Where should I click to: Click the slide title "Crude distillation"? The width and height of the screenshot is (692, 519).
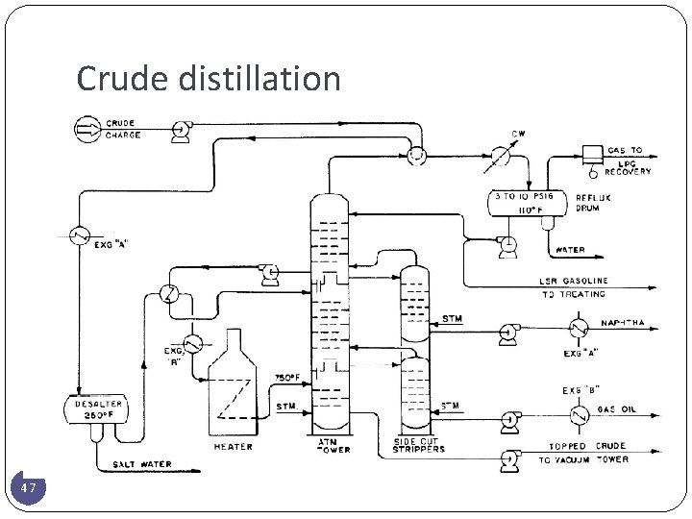click(x=209, y=79)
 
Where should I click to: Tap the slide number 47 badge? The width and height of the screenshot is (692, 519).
click(x=30, y=489)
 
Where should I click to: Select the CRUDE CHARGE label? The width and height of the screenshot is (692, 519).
click(x=122, y=130)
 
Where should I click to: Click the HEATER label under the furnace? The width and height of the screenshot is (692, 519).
click(x=234, y=446)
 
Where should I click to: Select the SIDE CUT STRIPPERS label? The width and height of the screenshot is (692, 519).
click(x=419, y=446)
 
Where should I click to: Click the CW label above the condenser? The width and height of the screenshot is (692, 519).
click(x=517, y=133)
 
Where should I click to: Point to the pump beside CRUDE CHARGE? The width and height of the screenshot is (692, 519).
click(x=178, y=131)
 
